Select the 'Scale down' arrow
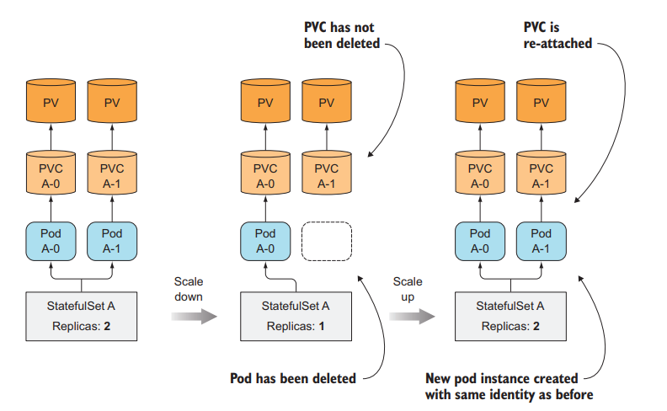pyautogui.click(x=193, y=316)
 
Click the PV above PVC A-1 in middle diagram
pyautogui.click(x=326, y=103)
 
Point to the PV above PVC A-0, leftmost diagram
pyautogui.click(x=51, y=103)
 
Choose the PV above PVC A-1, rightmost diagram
pyautogui.click(x=540, y=103)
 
